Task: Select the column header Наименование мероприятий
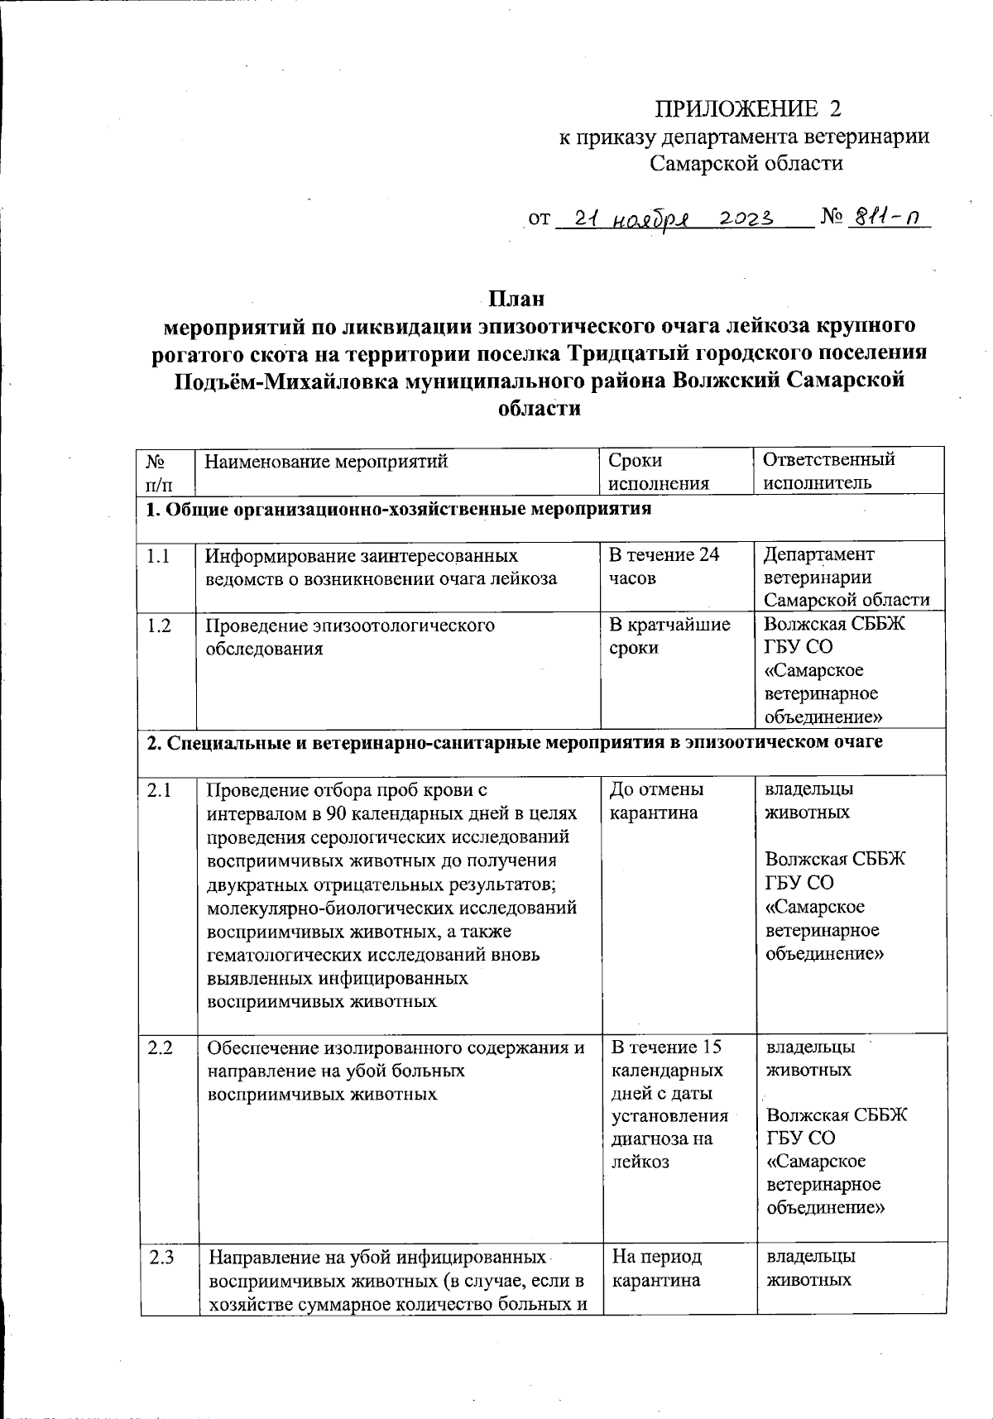tap(326, 460)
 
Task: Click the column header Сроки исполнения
tap(659, 472)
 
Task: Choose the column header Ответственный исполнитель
tap(828, 472)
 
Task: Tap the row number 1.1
tap(158, 556)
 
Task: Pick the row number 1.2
tap(159, 626)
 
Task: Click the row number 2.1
tap(159, 790)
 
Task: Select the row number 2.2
tap(160, 1048)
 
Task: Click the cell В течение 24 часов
tap(664, 566)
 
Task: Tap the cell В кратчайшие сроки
tap(669, 636)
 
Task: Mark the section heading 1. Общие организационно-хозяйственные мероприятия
tap(398, 509)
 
